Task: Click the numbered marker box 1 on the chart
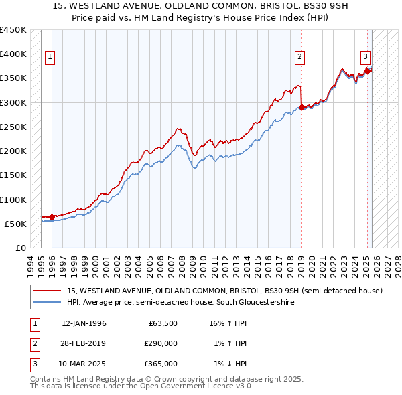51,58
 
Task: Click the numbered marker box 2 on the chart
299,58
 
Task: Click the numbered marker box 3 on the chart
366,58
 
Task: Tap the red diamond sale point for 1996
52,217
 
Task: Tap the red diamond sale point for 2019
302,107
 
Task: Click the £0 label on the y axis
20,248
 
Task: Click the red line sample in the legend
48,291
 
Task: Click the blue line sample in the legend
48,303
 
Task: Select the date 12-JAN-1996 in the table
84,323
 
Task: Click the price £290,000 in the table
161,343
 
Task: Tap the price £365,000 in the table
161,364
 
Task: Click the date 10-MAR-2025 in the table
84,364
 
